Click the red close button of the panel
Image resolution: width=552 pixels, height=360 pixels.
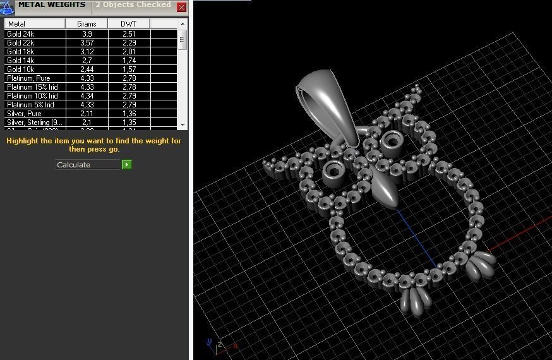point(182,8)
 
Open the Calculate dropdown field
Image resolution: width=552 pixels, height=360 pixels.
point(88,165)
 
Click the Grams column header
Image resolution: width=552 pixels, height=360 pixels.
point(87,24)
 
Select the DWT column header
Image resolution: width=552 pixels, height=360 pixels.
point(128,24)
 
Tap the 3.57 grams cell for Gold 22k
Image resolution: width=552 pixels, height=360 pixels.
point(87,43)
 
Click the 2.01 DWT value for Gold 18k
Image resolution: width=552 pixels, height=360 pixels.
point(128,52)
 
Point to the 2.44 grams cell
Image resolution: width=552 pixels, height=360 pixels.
point(87,69)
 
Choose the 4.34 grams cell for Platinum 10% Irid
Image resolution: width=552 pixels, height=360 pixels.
point(87,96)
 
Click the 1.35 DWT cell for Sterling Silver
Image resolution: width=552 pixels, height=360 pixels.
point(128,123)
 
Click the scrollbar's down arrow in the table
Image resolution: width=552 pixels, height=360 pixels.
point(183,124)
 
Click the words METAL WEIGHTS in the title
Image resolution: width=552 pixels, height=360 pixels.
point(52,5)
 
